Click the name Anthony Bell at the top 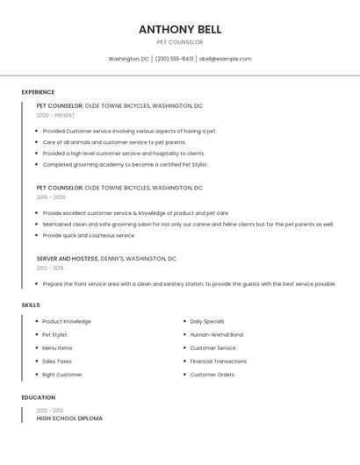point(180,29)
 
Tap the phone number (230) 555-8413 point(174,59)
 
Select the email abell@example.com point(225,59)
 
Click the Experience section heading point(38,92)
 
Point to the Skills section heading point(31,304)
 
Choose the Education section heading point(38,397)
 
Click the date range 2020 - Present point(55,115)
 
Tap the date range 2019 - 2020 point(51,197)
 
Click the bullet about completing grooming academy point(126,164)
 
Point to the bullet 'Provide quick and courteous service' point(89,235)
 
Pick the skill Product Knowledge point(67,321)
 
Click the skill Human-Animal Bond point(217,334)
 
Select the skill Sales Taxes point(57,361)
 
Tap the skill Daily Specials point(207,321)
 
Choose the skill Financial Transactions point(219,361)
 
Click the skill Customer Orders point(212,375)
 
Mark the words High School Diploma point(69,418)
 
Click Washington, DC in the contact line point(128,59)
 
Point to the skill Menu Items point(57,348)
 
